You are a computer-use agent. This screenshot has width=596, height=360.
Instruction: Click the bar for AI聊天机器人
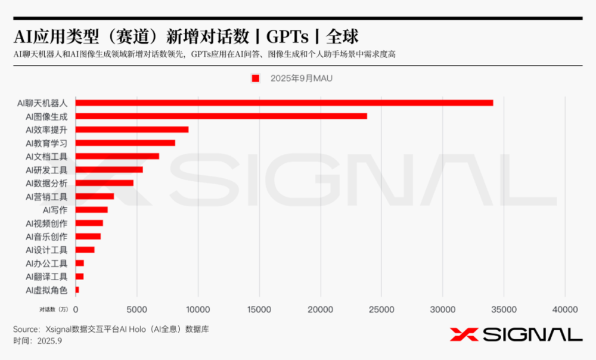click(x=284, y=103)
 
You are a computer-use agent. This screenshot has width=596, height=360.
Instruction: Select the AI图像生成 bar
click(x=221, y=116)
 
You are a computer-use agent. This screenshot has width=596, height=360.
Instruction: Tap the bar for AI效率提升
click(x=132, y=129)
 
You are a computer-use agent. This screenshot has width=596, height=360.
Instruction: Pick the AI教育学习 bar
click(x=125, y=143)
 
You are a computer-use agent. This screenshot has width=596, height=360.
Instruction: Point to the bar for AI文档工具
click(x=117, y=156)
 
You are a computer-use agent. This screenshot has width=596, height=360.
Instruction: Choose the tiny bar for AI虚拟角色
click(x=77, y=290)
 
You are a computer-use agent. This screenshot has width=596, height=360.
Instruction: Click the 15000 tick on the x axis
click(x=259, y=309)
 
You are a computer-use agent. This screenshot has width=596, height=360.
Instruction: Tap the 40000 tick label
click(x=564, y=309)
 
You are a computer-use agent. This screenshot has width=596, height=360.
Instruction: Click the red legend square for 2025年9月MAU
click(x=256, y=78)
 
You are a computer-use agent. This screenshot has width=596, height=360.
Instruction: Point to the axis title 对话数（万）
click(x=54, y=309)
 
